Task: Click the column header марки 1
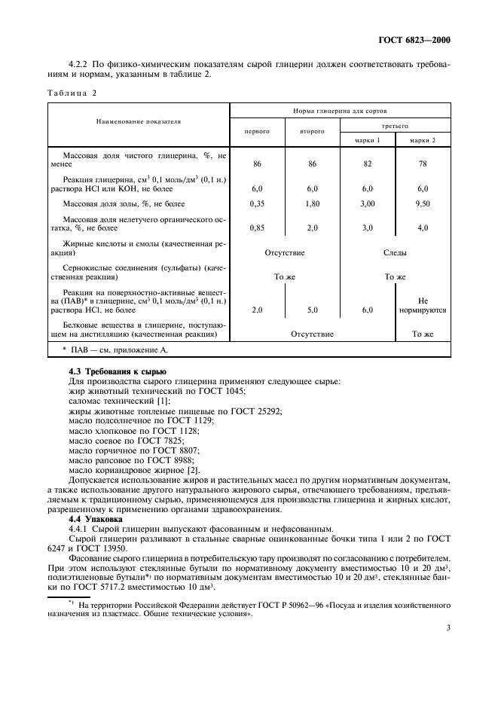tap(368, 139)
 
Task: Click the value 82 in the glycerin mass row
tap(368, 163)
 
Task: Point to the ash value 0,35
tap(258, 203)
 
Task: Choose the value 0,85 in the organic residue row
tap(258, 227)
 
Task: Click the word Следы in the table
tap(395, 253)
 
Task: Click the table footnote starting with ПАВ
tap(115, 350)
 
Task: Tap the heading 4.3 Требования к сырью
tap(112, 373)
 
